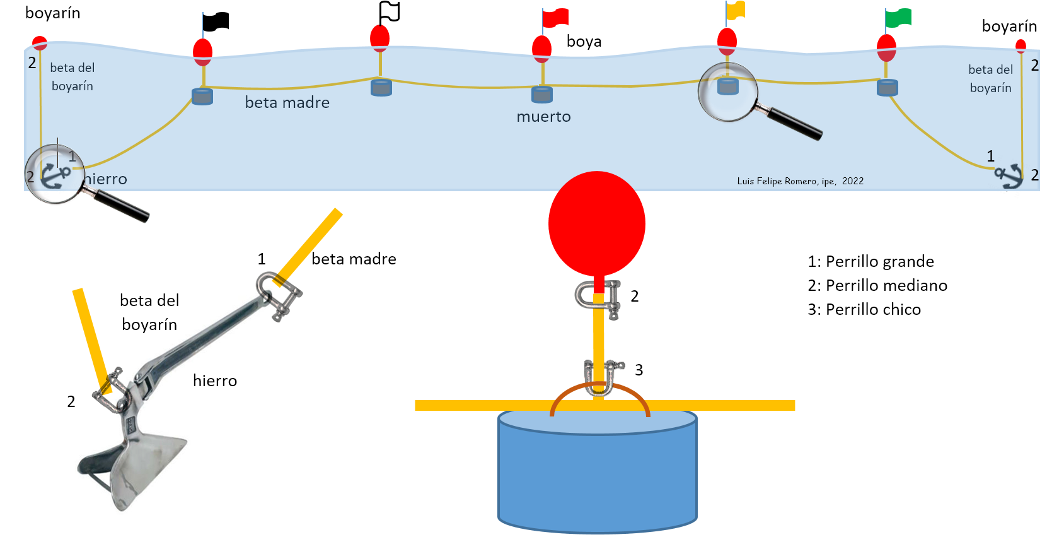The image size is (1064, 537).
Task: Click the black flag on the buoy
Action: (x=216, y=21)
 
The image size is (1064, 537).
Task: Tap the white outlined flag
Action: (x=390, y=11)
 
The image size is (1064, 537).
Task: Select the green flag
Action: (x=898, y=18)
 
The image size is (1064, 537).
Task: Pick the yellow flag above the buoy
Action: (x=736, y=11)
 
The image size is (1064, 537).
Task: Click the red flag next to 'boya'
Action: (x=555, y=18)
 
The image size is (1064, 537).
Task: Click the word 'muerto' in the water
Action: (x=543, y=117)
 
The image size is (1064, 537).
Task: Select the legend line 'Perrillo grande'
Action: (x=870, y=261)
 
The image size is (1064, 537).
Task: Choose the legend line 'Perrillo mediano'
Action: (x=877, y=285)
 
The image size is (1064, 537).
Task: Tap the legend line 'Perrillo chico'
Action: (x=864, y=309)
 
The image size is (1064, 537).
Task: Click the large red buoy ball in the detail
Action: (x=596, y=223)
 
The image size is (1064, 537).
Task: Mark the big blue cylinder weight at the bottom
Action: (x=597, y=470)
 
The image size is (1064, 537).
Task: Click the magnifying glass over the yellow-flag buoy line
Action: (x=729, y=92)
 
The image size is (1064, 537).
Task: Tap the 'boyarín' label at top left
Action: (x=52, y=13)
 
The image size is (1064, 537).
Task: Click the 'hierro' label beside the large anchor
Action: (x=214, y=381)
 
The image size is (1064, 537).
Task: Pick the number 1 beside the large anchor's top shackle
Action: (x=262, y=259)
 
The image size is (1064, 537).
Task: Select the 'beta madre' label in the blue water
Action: (x=287, y=103)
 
